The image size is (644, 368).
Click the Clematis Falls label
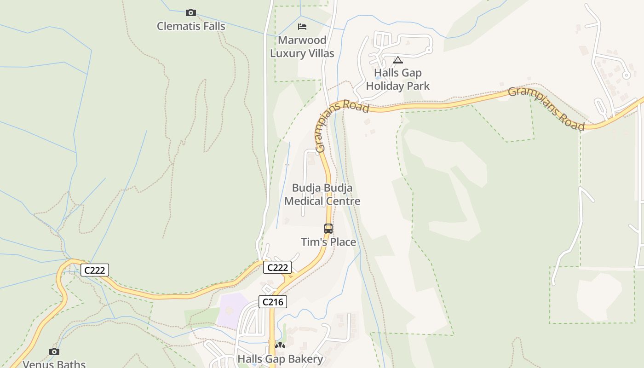[191, 26]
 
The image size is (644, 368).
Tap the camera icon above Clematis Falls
[190, 12]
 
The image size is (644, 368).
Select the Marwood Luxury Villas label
[302, 46]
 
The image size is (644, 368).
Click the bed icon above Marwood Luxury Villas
[302, 26]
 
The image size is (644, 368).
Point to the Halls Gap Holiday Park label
[398, 79]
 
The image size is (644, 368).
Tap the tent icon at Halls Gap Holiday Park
[398, 60]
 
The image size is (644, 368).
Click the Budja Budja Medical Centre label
[322, 195]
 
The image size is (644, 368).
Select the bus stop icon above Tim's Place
[328, 228]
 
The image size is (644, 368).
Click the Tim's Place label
[328, 242]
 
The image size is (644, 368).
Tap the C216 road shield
[273, 302]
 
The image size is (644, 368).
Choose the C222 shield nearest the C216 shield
[277, 267]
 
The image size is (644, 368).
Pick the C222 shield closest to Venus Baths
[95, 270]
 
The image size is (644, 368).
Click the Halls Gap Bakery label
[280, 359]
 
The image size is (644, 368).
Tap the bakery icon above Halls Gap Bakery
[280, 345]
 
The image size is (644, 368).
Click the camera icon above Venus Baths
[54, 352]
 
